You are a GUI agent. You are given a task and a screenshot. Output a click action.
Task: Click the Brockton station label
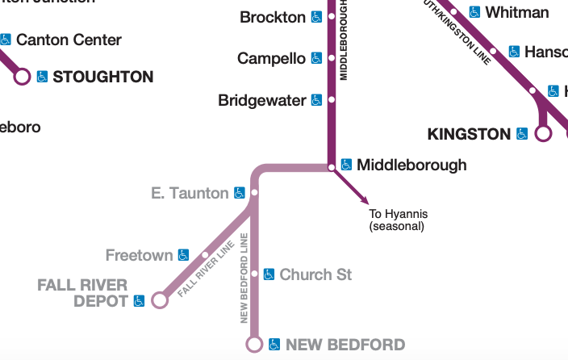tap(274, 17)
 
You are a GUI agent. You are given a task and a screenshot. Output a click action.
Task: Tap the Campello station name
tap(271, 59)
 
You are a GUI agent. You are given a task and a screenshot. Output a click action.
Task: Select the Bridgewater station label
tap(262, 101)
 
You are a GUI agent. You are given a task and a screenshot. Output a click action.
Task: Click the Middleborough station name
tap(411, 165)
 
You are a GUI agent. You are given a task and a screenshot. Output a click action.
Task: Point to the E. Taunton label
tap(190, 193)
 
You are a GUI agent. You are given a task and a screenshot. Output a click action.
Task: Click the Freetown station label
tap(140, 256)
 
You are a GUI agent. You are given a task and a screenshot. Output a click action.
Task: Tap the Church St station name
tap(315, 275)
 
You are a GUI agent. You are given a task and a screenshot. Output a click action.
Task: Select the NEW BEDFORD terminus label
tap(345, 345)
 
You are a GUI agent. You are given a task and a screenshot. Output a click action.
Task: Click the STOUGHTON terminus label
tap(102, 77)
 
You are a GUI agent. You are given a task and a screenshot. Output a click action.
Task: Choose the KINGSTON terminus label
tap(469, 134)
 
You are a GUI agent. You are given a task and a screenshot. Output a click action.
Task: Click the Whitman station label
tap(517, 13)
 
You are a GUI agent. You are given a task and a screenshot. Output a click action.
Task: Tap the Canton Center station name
tap(69, 40)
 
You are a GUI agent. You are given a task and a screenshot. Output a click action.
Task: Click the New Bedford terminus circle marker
tap(254, 345)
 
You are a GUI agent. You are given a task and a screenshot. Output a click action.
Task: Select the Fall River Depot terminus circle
tap(160, 300)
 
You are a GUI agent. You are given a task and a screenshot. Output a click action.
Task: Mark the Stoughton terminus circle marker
tap(22, 77)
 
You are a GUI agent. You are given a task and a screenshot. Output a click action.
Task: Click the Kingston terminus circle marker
tap(543, 133)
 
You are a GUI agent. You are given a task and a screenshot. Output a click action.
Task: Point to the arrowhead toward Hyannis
tap(365, 200)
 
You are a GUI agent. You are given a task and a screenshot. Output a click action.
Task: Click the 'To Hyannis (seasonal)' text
tap(398, 220)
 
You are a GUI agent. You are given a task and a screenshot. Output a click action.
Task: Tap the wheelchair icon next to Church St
tap(269, 274)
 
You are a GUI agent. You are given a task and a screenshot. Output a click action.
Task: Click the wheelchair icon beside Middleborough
tap(346, 165)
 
